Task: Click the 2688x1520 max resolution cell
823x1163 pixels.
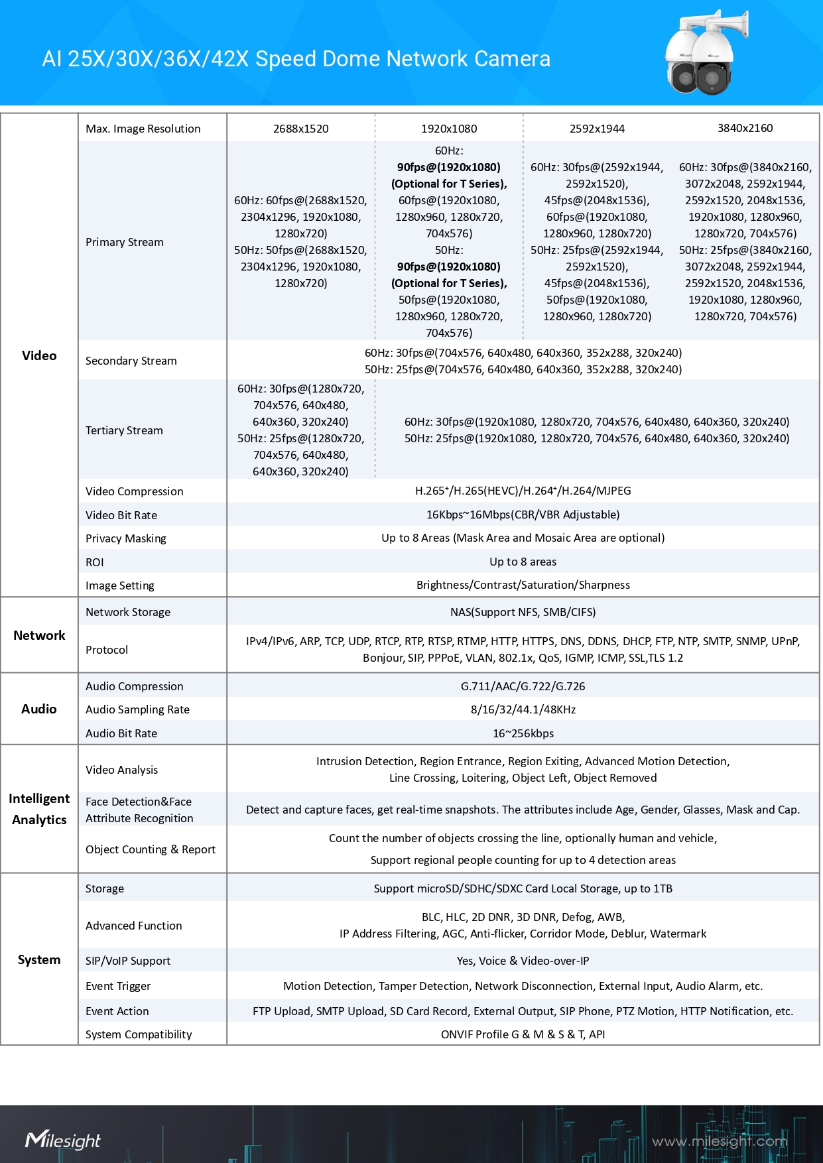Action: [300, 129]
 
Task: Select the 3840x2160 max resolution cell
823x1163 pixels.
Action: [745, 128]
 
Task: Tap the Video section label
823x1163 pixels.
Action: [39, 355]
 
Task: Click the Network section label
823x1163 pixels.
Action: [39, 635]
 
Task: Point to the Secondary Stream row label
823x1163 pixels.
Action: [131, 361]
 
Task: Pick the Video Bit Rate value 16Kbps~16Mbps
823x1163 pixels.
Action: [523, 515]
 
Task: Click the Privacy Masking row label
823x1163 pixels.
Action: [126, 538]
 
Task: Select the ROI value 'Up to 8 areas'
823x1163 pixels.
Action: [523, 562]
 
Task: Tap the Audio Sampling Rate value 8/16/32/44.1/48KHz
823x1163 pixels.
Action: [523, 709]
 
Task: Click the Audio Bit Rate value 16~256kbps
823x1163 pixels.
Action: [523, 733]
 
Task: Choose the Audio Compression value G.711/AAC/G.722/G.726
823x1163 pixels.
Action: [523, 686]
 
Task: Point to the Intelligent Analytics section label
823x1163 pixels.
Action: [39, 809]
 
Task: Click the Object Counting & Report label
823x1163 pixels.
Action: [151, 849]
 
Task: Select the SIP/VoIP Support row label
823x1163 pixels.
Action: [128, 961]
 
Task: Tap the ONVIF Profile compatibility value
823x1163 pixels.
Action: [523, 1034]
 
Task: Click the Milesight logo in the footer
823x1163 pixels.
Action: [63, 1140]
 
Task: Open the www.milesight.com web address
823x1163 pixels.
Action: [720, 1141]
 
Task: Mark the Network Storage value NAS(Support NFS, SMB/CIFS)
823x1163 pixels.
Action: [523, 612]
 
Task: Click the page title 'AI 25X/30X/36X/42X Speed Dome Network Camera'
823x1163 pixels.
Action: [296, 59]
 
